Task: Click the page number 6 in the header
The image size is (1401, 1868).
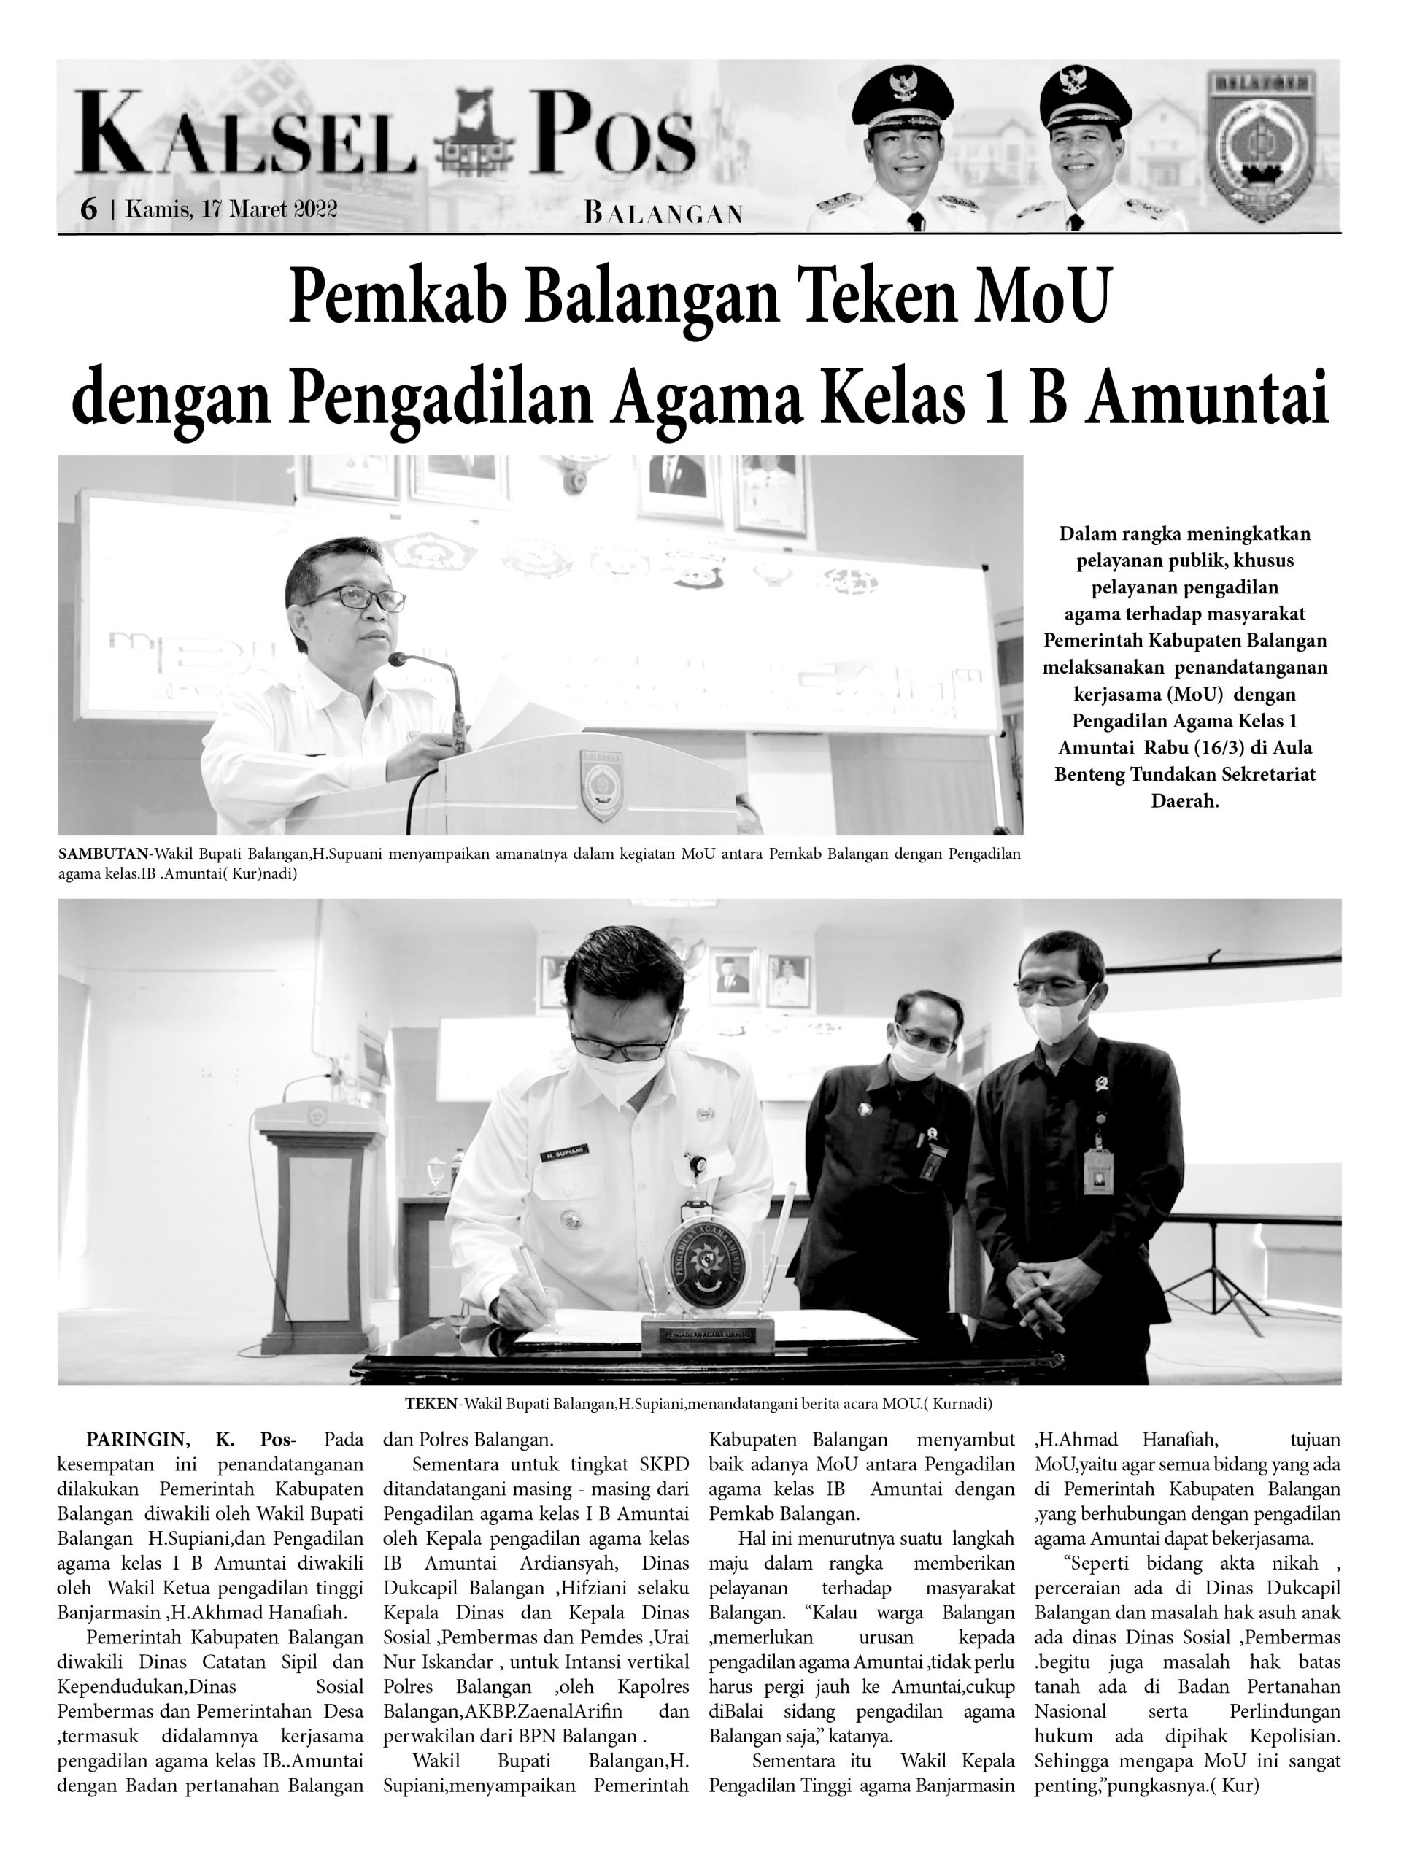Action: pos(88,209)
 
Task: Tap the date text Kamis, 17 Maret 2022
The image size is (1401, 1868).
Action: pos(231,209)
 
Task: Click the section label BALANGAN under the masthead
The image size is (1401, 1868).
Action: pos(663,214)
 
